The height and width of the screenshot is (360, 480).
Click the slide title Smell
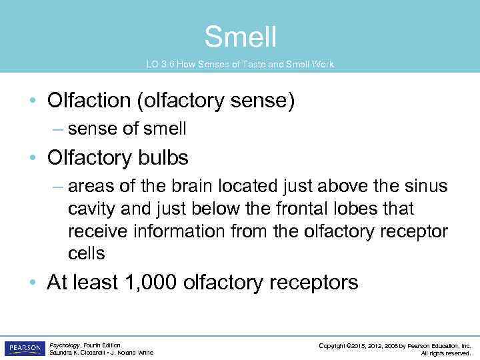(x=240, y=37)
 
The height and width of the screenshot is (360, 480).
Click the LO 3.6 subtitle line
(x=240, y=65)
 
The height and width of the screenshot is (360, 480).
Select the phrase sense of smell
(x=127, y=129)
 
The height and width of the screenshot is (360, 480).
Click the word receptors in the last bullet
(x=314, y=282)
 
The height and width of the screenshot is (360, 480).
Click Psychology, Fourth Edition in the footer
(x=85, y=345)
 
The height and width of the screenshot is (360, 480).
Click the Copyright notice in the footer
(x=395, y=345)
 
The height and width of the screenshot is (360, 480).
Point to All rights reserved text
(x=445, y=353)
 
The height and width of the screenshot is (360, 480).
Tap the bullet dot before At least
(x=33, y=283)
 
